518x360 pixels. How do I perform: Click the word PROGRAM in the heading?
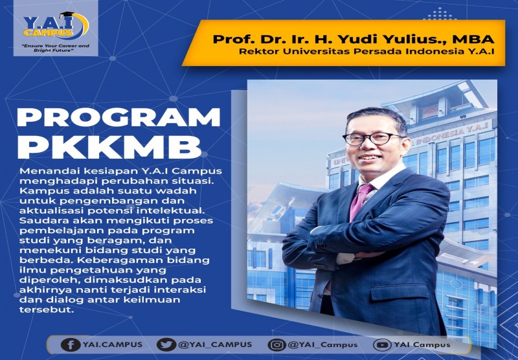click(x=118, y=117)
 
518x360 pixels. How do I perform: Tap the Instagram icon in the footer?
click(x=277, y=344)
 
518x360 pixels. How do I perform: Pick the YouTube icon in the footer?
click(x=383, y=344)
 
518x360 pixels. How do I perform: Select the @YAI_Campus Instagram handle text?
click(x=322, y=344)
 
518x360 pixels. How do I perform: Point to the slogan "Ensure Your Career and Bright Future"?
click(x=56, y=49)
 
